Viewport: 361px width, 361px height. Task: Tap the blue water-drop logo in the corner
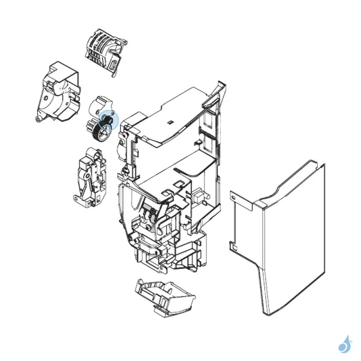pos(345,344)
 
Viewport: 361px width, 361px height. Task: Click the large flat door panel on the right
pos(283,241)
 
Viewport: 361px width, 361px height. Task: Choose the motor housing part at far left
pos(60,93)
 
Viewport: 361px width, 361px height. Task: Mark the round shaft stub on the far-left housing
pos(38,119)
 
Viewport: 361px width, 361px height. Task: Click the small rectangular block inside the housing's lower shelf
pos(196,196)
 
